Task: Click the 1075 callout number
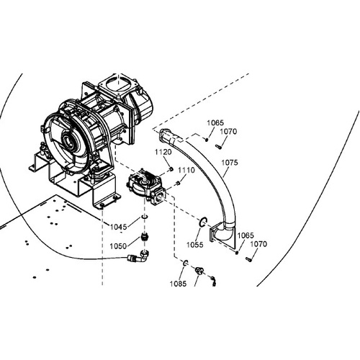click(x=230, y=163)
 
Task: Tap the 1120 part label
click(x=163, y=152)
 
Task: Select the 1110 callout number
click(x=186, y=171)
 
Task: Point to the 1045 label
click(x=118, y=227)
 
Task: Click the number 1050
click(x=118, y=246)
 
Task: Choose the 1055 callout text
click(x=195, y=245)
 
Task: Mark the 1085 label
click(x=178, y=284)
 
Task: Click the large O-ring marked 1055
click(x=203, y=222)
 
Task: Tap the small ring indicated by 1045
click(x=144, y=217)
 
